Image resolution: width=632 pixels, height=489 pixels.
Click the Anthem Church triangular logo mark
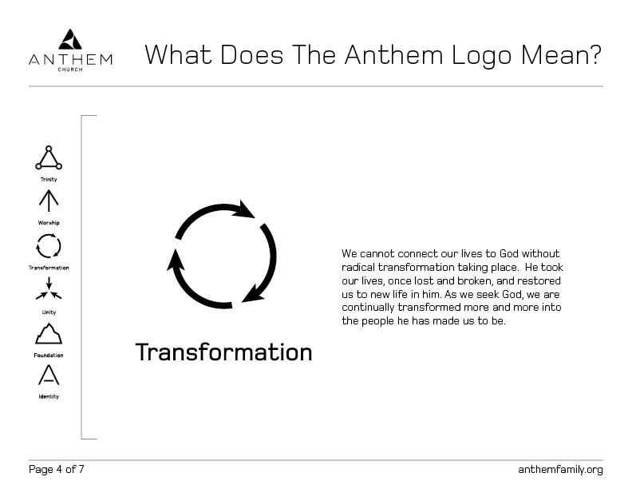pos(70,39)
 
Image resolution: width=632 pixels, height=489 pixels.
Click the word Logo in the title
pos(482,57)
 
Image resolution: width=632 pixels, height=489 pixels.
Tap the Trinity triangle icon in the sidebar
pos(49,157)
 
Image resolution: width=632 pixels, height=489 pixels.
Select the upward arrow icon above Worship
pos(49,201)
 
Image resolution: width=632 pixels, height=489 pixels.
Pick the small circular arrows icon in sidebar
pos(49,246)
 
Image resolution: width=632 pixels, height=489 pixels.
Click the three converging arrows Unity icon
pos(49,288)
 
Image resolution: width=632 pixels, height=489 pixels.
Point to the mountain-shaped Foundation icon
pos(49,334)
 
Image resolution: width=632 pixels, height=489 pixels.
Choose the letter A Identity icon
pos(49,375)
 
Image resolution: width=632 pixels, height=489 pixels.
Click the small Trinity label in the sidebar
pos(49,179)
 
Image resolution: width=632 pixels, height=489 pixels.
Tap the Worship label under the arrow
pos(49,223)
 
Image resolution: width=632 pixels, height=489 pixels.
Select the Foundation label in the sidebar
pos(49,356)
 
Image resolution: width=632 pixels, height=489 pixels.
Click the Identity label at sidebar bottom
pos(49,396)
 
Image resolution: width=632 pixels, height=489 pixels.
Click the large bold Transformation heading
pos(224,352)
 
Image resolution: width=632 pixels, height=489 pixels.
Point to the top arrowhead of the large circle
pos(243,209)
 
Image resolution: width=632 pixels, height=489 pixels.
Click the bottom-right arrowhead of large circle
pos(253,293)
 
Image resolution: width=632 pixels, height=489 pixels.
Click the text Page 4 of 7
pos(57,469)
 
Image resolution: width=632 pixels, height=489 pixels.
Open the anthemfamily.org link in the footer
pos(561,470)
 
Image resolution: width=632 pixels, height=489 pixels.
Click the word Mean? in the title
pos(561,55)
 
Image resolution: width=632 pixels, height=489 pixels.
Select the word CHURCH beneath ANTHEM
pos(70,70)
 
